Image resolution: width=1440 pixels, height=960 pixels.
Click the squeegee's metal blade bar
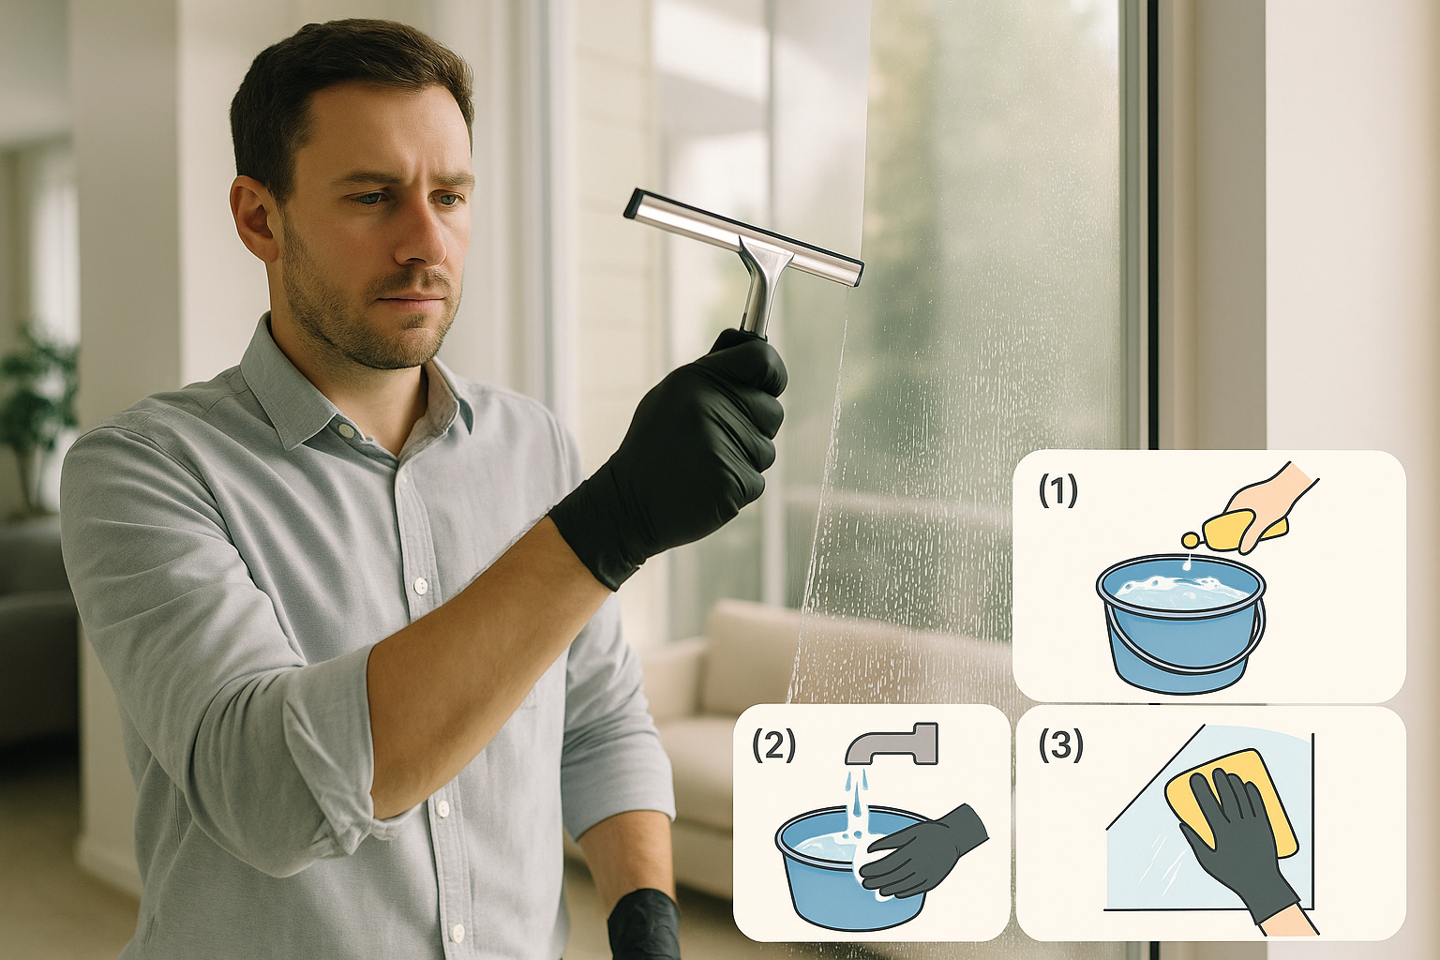coord(742,236)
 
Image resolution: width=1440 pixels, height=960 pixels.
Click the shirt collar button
coord(346,430)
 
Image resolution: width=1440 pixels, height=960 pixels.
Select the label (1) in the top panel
coord(1057,490)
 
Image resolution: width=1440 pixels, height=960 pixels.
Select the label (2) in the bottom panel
coord(773,744)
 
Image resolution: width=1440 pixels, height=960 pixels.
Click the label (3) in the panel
coord(1060,744)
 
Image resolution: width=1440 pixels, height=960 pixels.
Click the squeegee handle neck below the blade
coord(759,291)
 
